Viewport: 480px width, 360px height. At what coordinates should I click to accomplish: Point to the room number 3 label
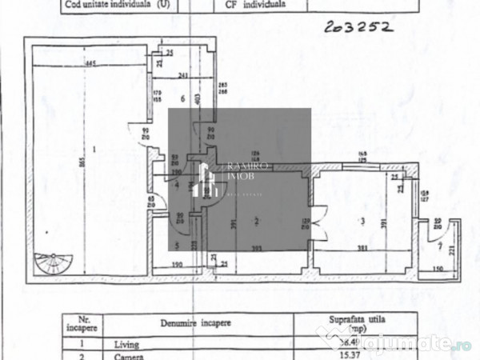pos(362,221)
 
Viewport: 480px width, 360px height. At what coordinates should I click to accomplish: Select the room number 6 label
pos(183,98)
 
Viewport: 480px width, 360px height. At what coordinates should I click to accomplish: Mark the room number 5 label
pos(176,246)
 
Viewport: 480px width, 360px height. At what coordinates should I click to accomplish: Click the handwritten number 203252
pos(359,27)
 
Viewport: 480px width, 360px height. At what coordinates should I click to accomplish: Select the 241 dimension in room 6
pos(183,76)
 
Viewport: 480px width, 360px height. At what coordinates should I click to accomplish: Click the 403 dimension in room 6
pos(197,100)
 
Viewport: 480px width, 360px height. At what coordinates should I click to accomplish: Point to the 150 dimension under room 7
pos(437,270)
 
